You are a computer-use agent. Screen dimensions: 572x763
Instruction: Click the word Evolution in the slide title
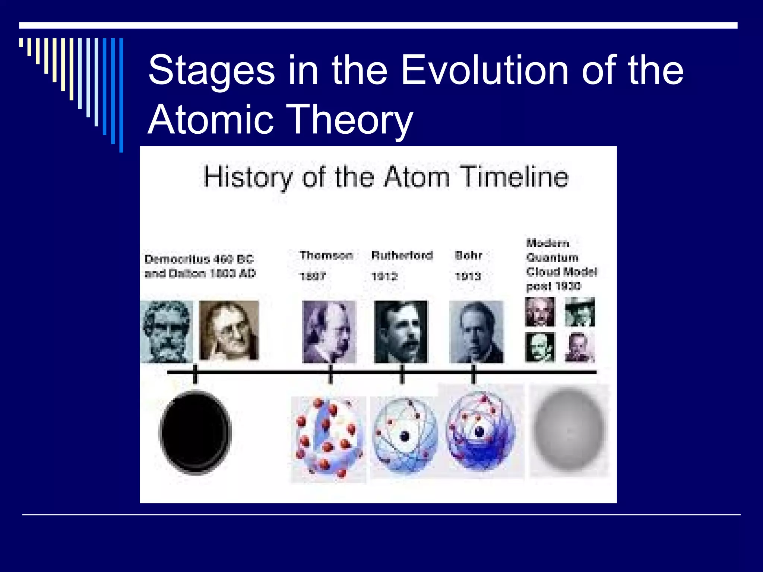(485, 70)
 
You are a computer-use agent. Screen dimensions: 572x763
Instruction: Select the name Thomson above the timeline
(326, 255)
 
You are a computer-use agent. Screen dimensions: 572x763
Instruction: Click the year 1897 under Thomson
(313, 276)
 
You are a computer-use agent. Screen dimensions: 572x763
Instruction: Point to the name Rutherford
(402, 255)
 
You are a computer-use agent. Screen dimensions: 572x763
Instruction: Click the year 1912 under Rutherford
(385, 276)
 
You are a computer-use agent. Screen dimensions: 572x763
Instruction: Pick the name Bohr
(468, 255)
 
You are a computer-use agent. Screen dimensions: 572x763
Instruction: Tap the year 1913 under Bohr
(468, 276)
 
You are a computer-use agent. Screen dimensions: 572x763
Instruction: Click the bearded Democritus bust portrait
(167, 331)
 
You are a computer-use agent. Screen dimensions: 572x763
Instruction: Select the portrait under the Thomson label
(329, 331)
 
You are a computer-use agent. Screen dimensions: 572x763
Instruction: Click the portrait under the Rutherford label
(401, 331)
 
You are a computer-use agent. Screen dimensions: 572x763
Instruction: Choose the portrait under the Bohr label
(477, 331)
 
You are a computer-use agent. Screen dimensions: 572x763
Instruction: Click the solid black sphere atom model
(196, 433)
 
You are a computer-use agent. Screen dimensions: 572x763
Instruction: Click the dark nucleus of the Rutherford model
(405, 436)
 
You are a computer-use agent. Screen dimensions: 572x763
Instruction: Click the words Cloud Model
(561, 272)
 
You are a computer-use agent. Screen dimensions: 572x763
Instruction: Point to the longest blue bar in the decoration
(121, 95)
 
